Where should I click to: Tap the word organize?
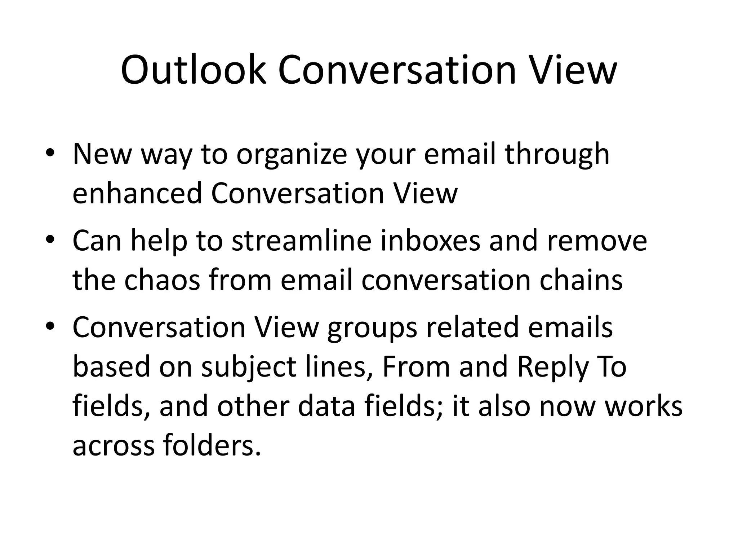(292, 154)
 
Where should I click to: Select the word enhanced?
(137, 193)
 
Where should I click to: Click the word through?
(557, 154)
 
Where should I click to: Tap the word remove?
(597, 241)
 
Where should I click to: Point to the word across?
(113, 446)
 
